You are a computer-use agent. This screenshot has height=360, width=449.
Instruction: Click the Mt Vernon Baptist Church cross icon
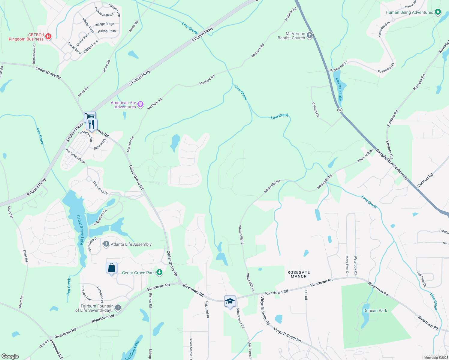(x=310, y=36)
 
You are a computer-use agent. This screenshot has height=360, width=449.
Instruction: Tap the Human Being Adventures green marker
(x=438, y=12)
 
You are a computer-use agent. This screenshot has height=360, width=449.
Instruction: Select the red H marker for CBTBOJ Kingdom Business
(x=48, y=37)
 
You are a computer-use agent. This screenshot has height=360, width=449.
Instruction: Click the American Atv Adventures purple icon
(x=140, y=105)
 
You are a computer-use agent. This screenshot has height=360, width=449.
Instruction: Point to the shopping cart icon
(x=90, y=116)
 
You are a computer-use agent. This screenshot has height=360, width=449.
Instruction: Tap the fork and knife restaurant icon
(x=92, y=124)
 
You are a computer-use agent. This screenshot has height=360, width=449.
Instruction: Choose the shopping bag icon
(x=111, y=268)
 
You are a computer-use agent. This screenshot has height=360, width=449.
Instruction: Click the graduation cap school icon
(x=230, y=301)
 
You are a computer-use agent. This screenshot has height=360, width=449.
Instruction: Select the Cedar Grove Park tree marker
(x=159, y=272)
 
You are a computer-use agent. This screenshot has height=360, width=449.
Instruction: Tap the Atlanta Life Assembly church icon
(x=106, y=244)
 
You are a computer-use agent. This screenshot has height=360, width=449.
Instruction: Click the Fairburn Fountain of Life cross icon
(x=118, y=307)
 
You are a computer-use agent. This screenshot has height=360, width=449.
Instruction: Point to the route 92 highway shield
(x=339, y=110)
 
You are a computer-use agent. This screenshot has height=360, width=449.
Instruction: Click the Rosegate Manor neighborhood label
(x=299, y=274)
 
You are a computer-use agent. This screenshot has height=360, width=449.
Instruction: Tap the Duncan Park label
(x=375, y=310)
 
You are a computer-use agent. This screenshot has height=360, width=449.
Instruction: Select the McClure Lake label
(x=339, y=89)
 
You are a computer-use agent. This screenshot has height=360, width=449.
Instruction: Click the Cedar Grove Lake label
(x=80, y=230)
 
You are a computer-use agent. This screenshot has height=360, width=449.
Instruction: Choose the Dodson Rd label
(x=425, y=180)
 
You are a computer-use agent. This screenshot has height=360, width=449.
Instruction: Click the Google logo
(x=10, y=356)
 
